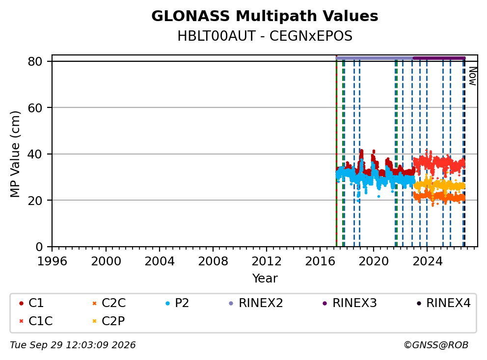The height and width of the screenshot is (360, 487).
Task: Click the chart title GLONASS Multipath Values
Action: tap(265, 16)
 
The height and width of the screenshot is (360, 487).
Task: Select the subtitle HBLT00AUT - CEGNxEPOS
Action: tap(265, 36)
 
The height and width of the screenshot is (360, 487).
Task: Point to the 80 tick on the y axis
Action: tap(35, 61)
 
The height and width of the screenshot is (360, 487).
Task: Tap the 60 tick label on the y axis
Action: tap(35, 108)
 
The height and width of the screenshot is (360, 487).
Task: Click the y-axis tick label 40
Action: tap(35, 154)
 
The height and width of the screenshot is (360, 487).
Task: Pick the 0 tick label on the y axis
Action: tap(39, 247)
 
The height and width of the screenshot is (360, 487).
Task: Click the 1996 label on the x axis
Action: tap(52, 261)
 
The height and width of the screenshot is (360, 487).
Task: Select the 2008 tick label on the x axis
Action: tap(213, 261)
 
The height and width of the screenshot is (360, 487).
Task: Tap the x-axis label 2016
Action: tap(320, 261)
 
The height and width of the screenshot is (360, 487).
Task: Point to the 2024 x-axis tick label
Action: tap(427, 261)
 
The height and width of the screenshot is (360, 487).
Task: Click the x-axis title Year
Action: tap(265, 279)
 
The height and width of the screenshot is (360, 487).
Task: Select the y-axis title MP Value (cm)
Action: tap(15, 154)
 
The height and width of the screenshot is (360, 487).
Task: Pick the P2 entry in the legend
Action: tap(177, 303)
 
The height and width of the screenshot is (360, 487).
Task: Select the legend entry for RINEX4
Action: tap(444, 303)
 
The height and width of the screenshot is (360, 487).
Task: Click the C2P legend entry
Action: tap(108, 321)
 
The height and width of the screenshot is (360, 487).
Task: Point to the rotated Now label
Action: tap(473, 76)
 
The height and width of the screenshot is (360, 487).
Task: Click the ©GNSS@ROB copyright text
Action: tap(436, 345)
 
